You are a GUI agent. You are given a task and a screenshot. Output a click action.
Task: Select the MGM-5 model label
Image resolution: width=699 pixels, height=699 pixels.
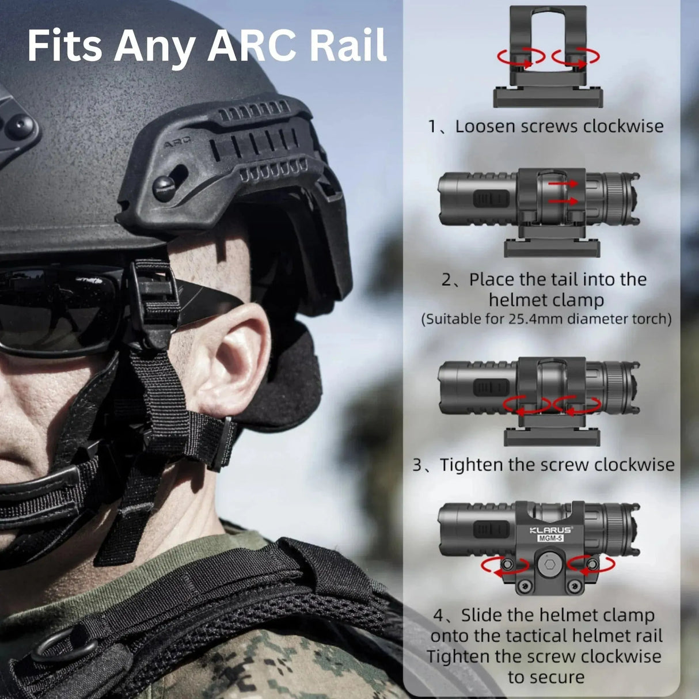pyautogui.click(x=550, y=539)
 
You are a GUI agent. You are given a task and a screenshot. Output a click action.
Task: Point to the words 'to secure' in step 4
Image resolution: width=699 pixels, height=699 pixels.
pyautogui.click(x=545, y=677)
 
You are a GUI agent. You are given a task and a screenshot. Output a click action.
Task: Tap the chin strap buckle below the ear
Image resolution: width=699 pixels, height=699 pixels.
pyautogui.click(x=222, y=443)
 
